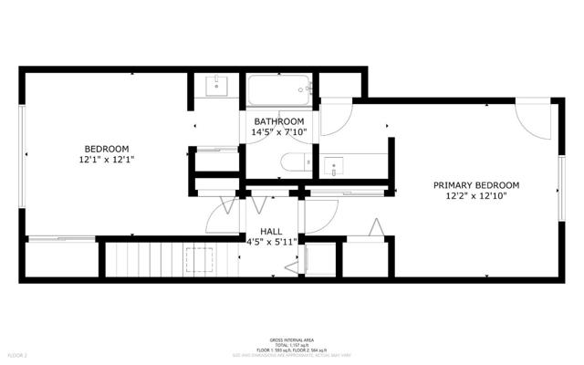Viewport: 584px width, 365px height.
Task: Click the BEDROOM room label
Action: [107, 149]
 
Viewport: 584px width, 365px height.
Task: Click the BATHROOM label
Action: [278, 121]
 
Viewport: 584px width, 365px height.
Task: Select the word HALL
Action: [271, 231]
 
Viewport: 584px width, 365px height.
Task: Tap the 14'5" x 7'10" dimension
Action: [278, 132]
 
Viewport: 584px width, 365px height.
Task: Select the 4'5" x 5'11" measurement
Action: [271, 243]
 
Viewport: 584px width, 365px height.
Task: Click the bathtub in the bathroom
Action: [280, 90]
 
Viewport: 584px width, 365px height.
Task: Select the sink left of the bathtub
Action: [216, 86]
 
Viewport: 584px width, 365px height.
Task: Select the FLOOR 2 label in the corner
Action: [18, 353]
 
